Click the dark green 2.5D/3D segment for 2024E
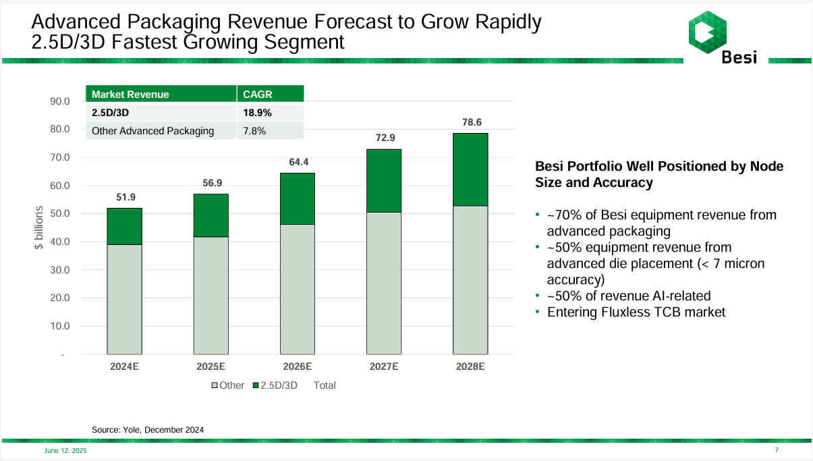click(x=124, y=226)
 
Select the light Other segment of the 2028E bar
click(x=470, y=280)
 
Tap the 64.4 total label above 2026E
click(x=298, y=162)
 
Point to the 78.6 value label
click(x=470, y=122)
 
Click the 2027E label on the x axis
click(x=384, y=367)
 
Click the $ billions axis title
click(x=38, y=228)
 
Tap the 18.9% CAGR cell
click(x=257, y=113)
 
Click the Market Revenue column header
click(x=130, y=94)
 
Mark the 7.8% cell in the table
click(x=254, y=131)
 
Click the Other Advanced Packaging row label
click(x=152, y=131)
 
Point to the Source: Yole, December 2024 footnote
click(x=148, y=429)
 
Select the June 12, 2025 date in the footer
click(x=65, y=451)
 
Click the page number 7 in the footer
click(x=777, y=450)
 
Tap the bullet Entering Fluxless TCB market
click(x=636, y=313)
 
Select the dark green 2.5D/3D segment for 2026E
click(x=298, y=198)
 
